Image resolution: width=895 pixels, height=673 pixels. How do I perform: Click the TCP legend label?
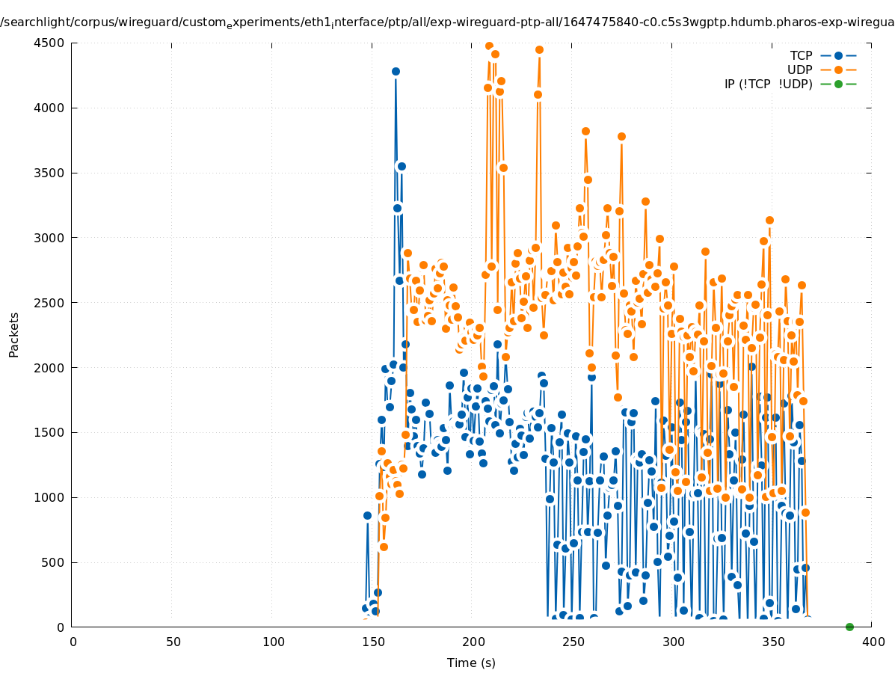point(801,55)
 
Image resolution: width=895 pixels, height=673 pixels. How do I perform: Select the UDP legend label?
point(799,70)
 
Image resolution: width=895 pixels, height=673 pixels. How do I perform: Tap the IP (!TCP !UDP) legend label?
point(768,84)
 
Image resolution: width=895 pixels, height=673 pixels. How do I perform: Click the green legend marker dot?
point(838,84)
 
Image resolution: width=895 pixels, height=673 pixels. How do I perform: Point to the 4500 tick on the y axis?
point(52,43)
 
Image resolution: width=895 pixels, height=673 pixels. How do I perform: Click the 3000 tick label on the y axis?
point(52,238)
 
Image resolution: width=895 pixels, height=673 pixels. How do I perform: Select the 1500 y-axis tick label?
point(52,432)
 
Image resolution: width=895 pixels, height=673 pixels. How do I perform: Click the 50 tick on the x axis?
point(173,642)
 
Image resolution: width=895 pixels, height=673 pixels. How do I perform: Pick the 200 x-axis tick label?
point(473,642)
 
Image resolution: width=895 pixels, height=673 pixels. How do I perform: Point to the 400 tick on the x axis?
point(873,642)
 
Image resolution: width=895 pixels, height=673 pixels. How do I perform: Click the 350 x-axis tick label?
point(773,642)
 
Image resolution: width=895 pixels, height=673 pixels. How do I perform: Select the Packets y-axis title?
point(14,334)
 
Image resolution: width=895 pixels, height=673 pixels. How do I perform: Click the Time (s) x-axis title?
point(471,663)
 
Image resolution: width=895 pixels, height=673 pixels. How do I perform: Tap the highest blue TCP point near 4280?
point(396,72)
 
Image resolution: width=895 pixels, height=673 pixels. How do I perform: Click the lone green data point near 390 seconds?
point(849,627)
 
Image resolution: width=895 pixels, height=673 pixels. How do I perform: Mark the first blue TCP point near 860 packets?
point(367,515)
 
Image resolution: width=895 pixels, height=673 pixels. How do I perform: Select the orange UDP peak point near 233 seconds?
point(539,50)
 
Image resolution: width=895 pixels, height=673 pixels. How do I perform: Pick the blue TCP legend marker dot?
point(838,55)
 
